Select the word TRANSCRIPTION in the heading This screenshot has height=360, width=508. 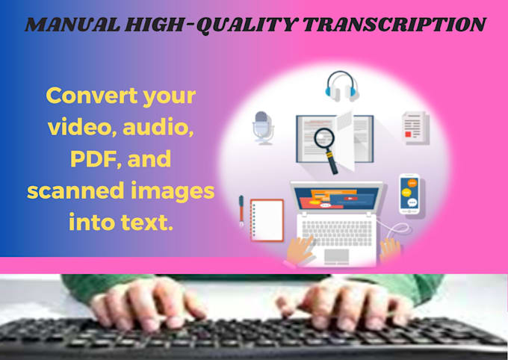coord(392,25)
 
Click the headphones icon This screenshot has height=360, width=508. coord(343,85)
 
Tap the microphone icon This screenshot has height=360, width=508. coord(262,126)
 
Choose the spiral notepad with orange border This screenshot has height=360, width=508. coord(267,219)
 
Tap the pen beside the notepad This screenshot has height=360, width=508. coord(241,210)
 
